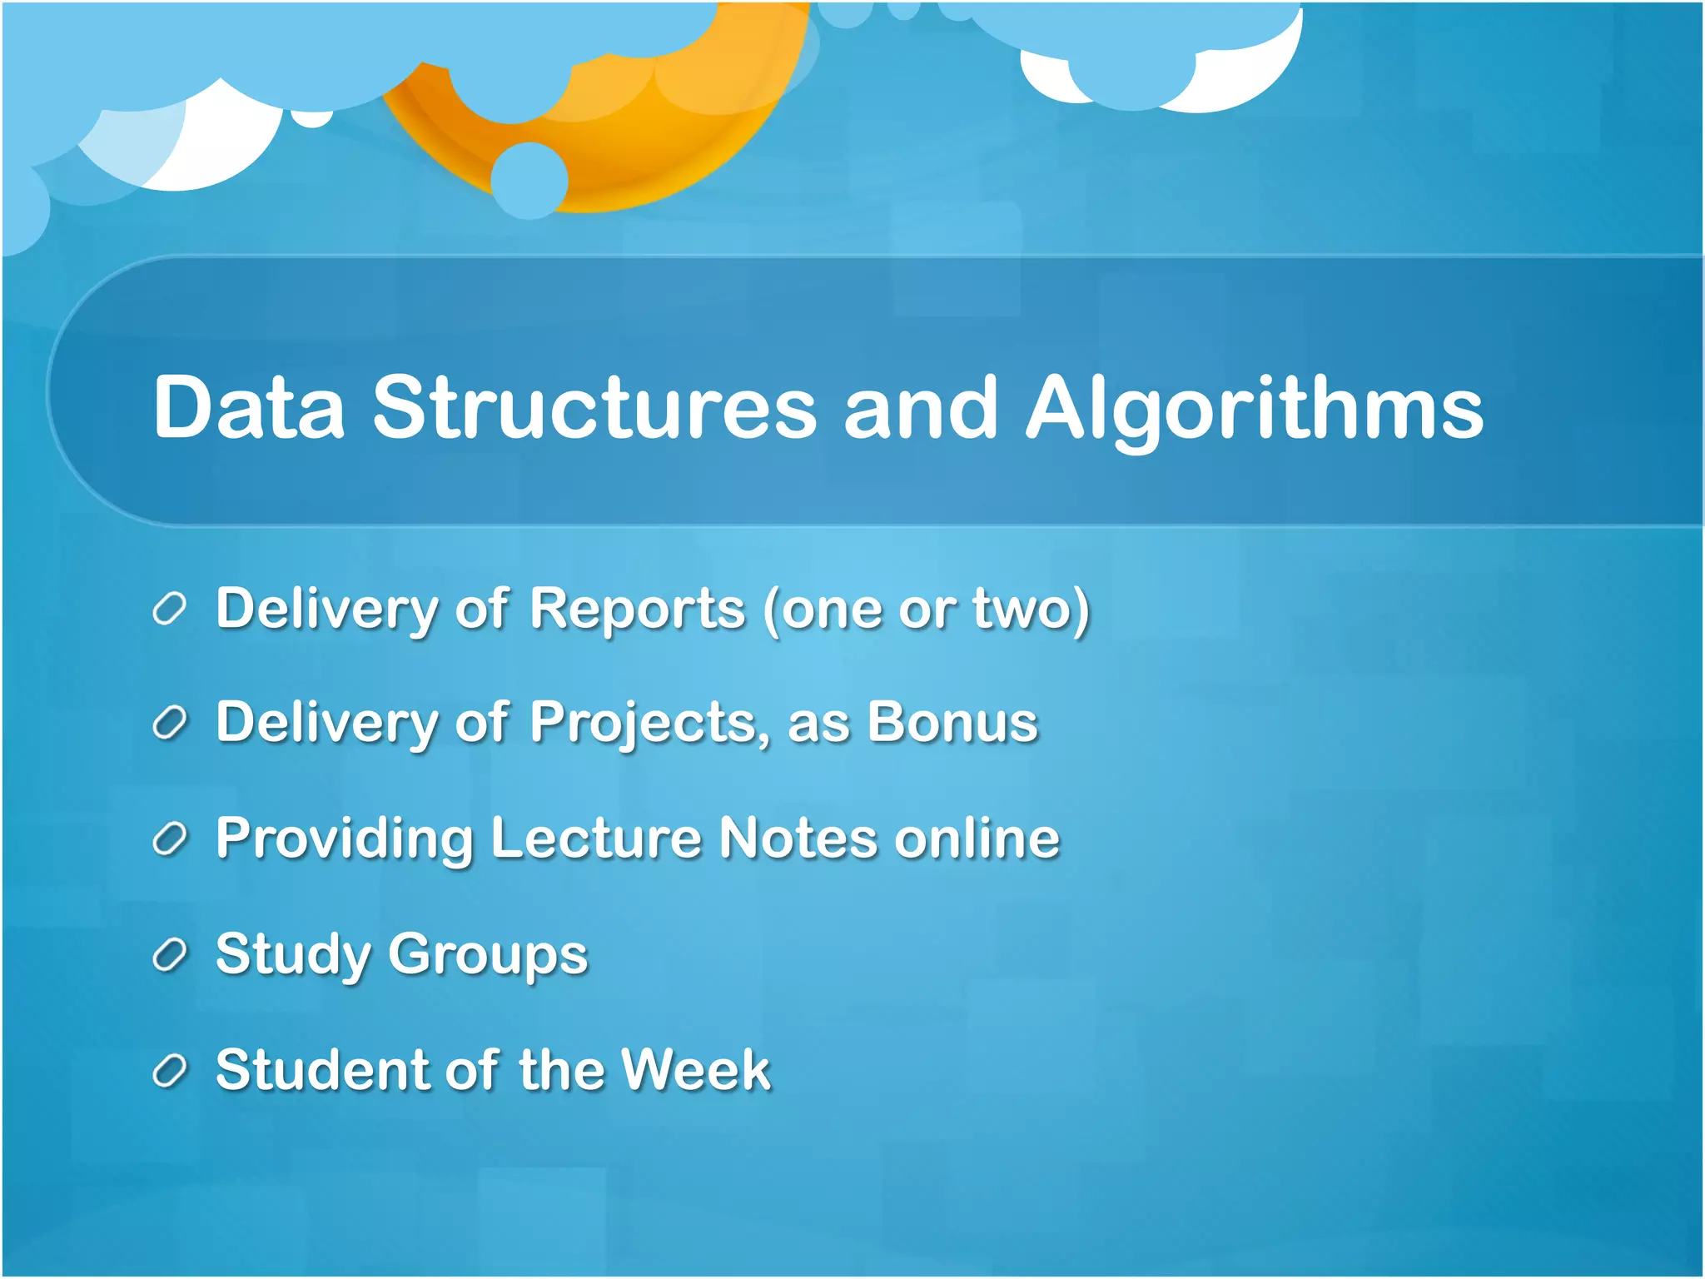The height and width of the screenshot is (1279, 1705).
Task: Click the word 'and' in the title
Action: point(919,408)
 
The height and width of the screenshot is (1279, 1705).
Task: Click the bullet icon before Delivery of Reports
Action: point(169,610)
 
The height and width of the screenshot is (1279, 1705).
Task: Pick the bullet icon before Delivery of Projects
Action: point(169,724)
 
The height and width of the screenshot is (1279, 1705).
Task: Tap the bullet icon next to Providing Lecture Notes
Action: point(169,839)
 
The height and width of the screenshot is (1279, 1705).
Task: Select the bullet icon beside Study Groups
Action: point(169,955)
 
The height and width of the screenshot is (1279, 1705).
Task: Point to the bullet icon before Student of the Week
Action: point(169,1071)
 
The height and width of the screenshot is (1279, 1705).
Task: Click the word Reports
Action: point(637,610)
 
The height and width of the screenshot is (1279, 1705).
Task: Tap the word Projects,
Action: point(649,724)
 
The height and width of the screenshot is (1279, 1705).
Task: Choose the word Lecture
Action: point(596,838)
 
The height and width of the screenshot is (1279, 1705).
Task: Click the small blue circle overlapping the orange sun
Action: point(529,181)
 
